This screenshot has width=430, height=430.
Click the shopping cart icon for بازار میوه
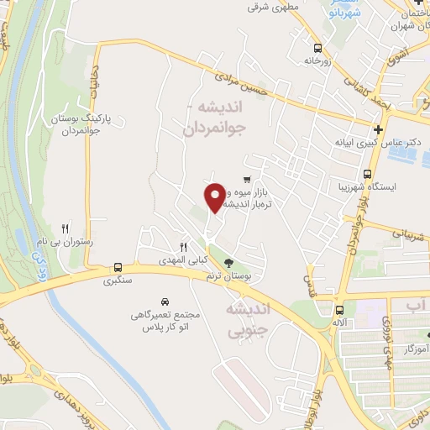[246, 179]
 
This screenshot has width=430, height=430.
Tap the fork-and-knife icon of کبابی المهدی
[183, 246]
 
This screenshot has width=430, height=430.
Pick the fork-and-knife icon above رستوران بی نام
[66, 228]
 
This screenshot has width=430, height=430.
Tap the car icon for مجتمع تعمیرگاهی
[164, 301]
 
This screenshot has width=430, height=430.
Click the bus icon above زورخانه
[317, 48]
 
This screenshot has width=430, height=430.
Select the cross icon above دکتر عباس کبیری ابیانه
[379, 130]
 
